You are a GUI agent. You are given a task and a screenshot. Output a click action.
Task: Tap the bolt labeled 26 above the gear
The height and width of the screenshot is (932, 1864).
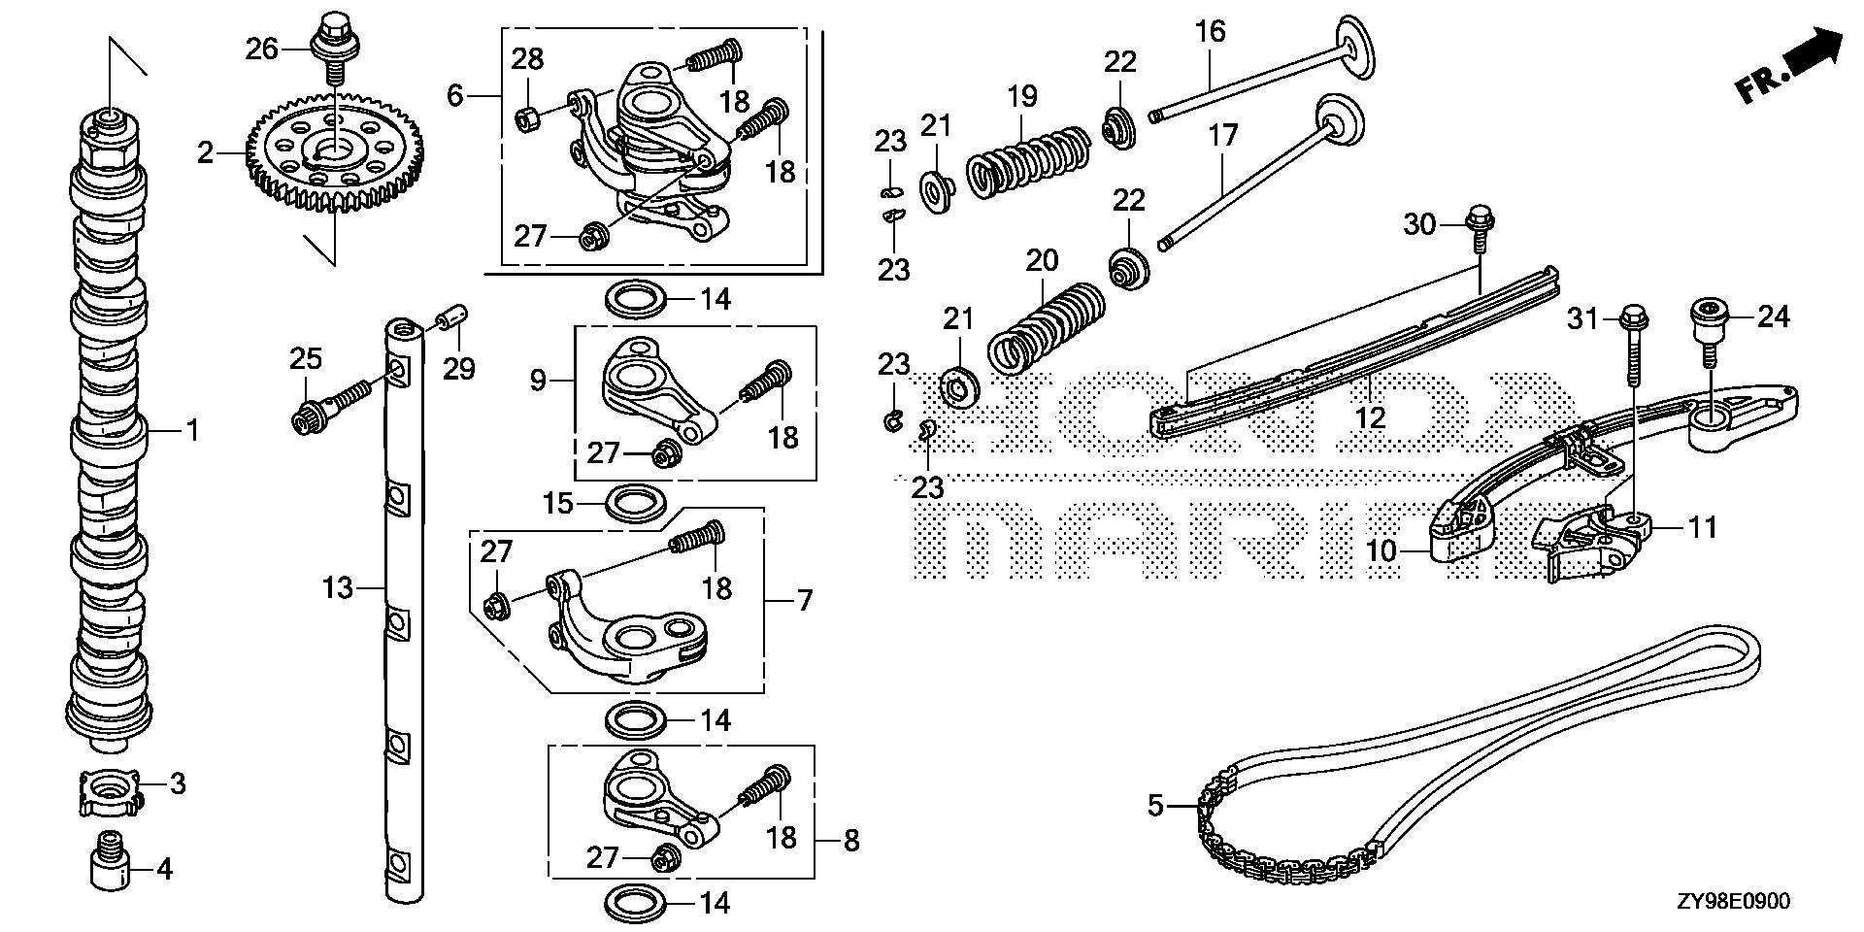coord(333,40)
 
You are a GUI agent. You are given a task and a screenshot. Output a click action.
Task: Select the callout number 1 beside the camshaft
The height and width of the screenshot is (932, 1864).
coord(192,429)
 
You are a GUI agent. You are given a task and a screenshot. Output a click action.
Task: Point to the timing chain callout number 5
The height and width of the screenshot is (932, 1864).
coord(1154,806)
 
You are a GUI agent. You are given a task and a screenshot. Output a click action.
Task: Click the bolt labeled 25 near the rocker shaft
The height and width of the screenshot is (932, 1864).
coord(325,407)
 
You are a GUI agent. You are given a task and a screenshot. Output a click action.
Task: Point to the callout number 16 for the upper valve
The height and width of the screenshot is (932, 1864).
coord(1210,31)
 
